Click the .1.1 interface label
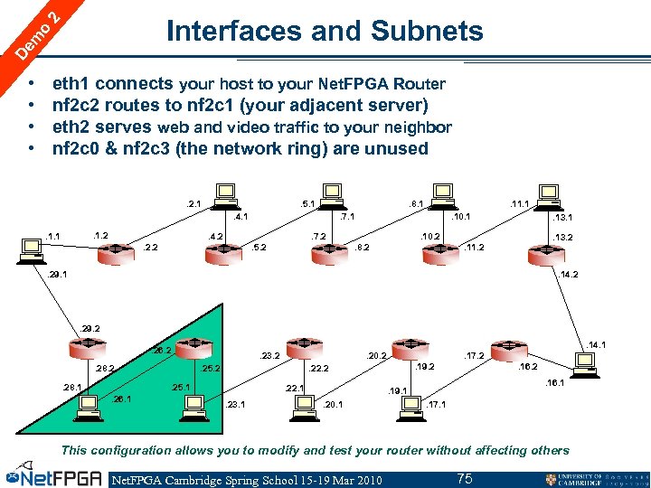click(x=53, y=237)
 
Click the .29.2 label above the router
click(x=90, y=328)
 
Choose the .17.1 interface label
click(x=438, y=404)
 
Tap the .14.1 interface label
click(x=596, y=344)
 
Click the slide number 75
click(x=464, y=478)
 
